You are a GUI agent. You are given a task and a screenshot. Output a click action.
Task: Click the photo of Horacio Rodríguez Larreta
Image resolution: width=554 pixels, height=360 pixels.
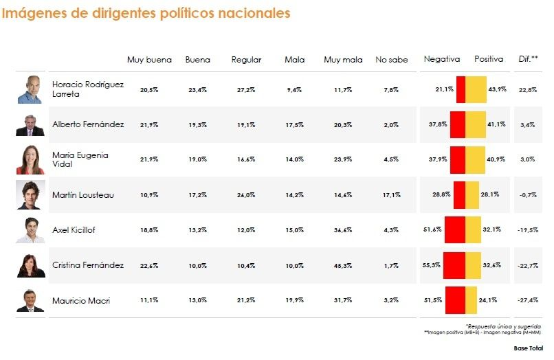(30, 89)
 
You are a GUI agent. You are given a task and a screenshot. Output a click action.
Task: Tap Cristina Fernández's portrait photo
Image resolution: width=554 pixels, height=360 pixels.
(30, 265)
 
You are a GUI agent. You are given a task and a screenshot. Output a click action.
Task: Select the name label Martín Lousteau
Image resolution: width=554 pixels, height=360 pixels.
(83, 195)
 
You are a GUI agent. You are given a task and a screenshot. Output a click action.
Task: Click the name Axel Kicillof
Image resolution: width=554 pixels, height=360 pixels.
(74, 230)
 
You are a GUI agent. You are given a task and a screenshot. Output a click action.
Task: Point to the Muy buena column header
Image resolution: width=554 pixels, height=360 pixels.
(149, 60)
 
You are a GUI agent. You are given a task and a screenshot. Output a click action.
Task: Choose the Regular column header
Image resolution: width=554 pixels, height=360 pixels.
(246, 60)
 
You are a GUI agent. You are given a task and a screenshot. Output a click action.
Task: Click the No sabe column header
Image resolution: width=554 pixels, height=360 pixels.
(391, 60)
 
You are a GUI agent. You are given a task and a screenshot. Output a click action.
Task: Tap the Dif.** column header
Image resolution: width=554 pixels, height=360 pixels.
(528, 60)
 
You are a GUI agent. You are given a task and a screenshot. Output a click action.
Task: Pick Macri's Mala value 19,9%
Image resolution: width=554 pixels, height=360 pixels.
(294, 300)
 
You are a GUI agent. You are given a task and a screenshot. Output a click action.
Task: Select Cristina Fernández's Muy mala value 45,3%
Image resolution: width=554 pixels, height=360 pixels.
(343, 265)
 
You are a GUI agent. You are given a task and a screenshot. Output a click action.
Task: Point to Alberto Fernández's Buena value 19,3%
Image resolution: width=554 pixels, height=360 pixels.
(197, 125)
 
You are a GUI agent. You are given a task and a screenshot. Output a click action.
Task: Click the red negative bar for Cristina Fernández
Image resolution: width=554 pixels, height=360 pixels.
(454, 265)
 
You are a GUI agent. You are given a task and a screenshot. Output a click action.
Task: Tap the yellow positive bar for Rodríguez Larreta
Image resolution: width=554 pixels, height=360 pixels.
(476, 89)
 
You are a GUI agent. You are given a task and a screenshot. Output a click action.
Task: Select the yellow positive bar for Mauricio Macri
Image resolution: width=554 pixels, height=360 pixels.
(472, 300)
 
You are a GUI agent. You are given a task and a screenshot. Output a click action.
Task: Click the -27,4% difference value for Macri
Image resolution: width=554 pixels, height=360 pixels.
(528, 300)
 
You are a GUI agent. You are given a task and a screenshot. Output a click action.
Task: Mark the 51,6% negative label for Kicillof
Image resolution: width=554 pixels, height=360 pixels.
(433, 230)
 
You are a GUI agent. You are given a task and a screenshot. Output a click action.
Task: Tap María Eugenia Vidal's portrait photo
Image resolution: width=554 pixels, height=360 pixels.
(30, 160)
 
